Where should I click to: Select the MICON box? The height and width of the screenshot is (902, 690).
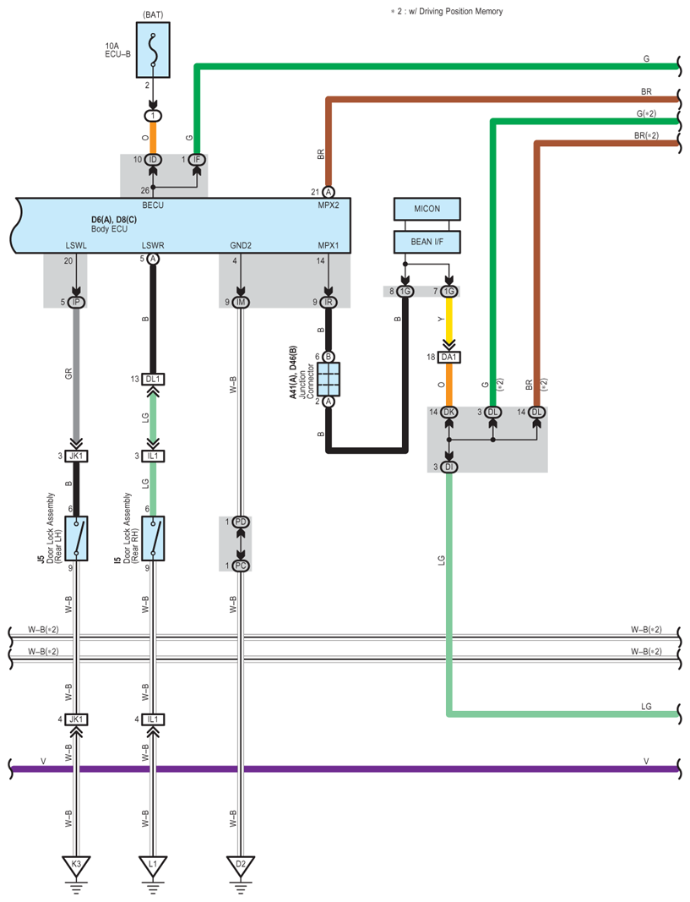tap(426, 209)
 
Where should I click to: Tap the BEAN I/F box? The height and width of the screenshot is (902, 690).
tap(426, 242)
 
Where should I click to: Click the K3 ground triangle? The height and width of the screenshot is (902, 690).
tap(76, 866)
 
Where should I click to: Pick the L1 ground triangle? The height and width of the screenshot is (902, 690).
tap(153, 866)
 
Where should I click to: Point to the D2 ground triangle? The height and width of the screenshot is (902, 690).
tap(241, 866)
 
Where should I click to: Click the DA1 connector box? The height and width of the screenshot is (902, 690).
tap(448, 358)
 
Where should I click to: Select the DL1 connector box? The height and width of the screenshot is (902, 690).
tap(153, 380)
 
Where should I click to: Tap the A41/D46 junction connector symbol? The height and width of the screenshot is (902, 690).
tap(329, 379)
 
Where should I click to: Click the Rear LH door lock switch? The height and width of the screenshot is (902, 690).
tap(76, 538)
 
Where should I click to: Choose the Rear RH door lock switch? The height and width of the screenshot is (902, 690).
tap(153, 538)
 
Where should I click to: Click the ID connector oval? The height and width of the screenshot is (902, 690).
tap(153, 160)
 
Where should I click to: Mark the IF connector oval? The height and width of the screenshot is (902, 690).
tap(197, 160)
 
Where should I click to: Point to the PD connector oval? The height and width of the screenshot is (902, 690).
tap(241, 522)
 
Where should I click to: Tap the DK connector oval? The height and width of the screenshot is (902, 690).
tap(448, 413)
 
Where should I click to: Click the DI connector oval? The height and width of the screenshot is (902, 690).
tap(448, 467)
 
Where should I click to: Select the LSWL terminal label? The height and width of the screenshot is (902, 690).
tap(76, 246)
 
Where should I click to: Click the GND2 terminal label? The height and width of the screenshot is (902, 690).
tap(241, 246)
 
